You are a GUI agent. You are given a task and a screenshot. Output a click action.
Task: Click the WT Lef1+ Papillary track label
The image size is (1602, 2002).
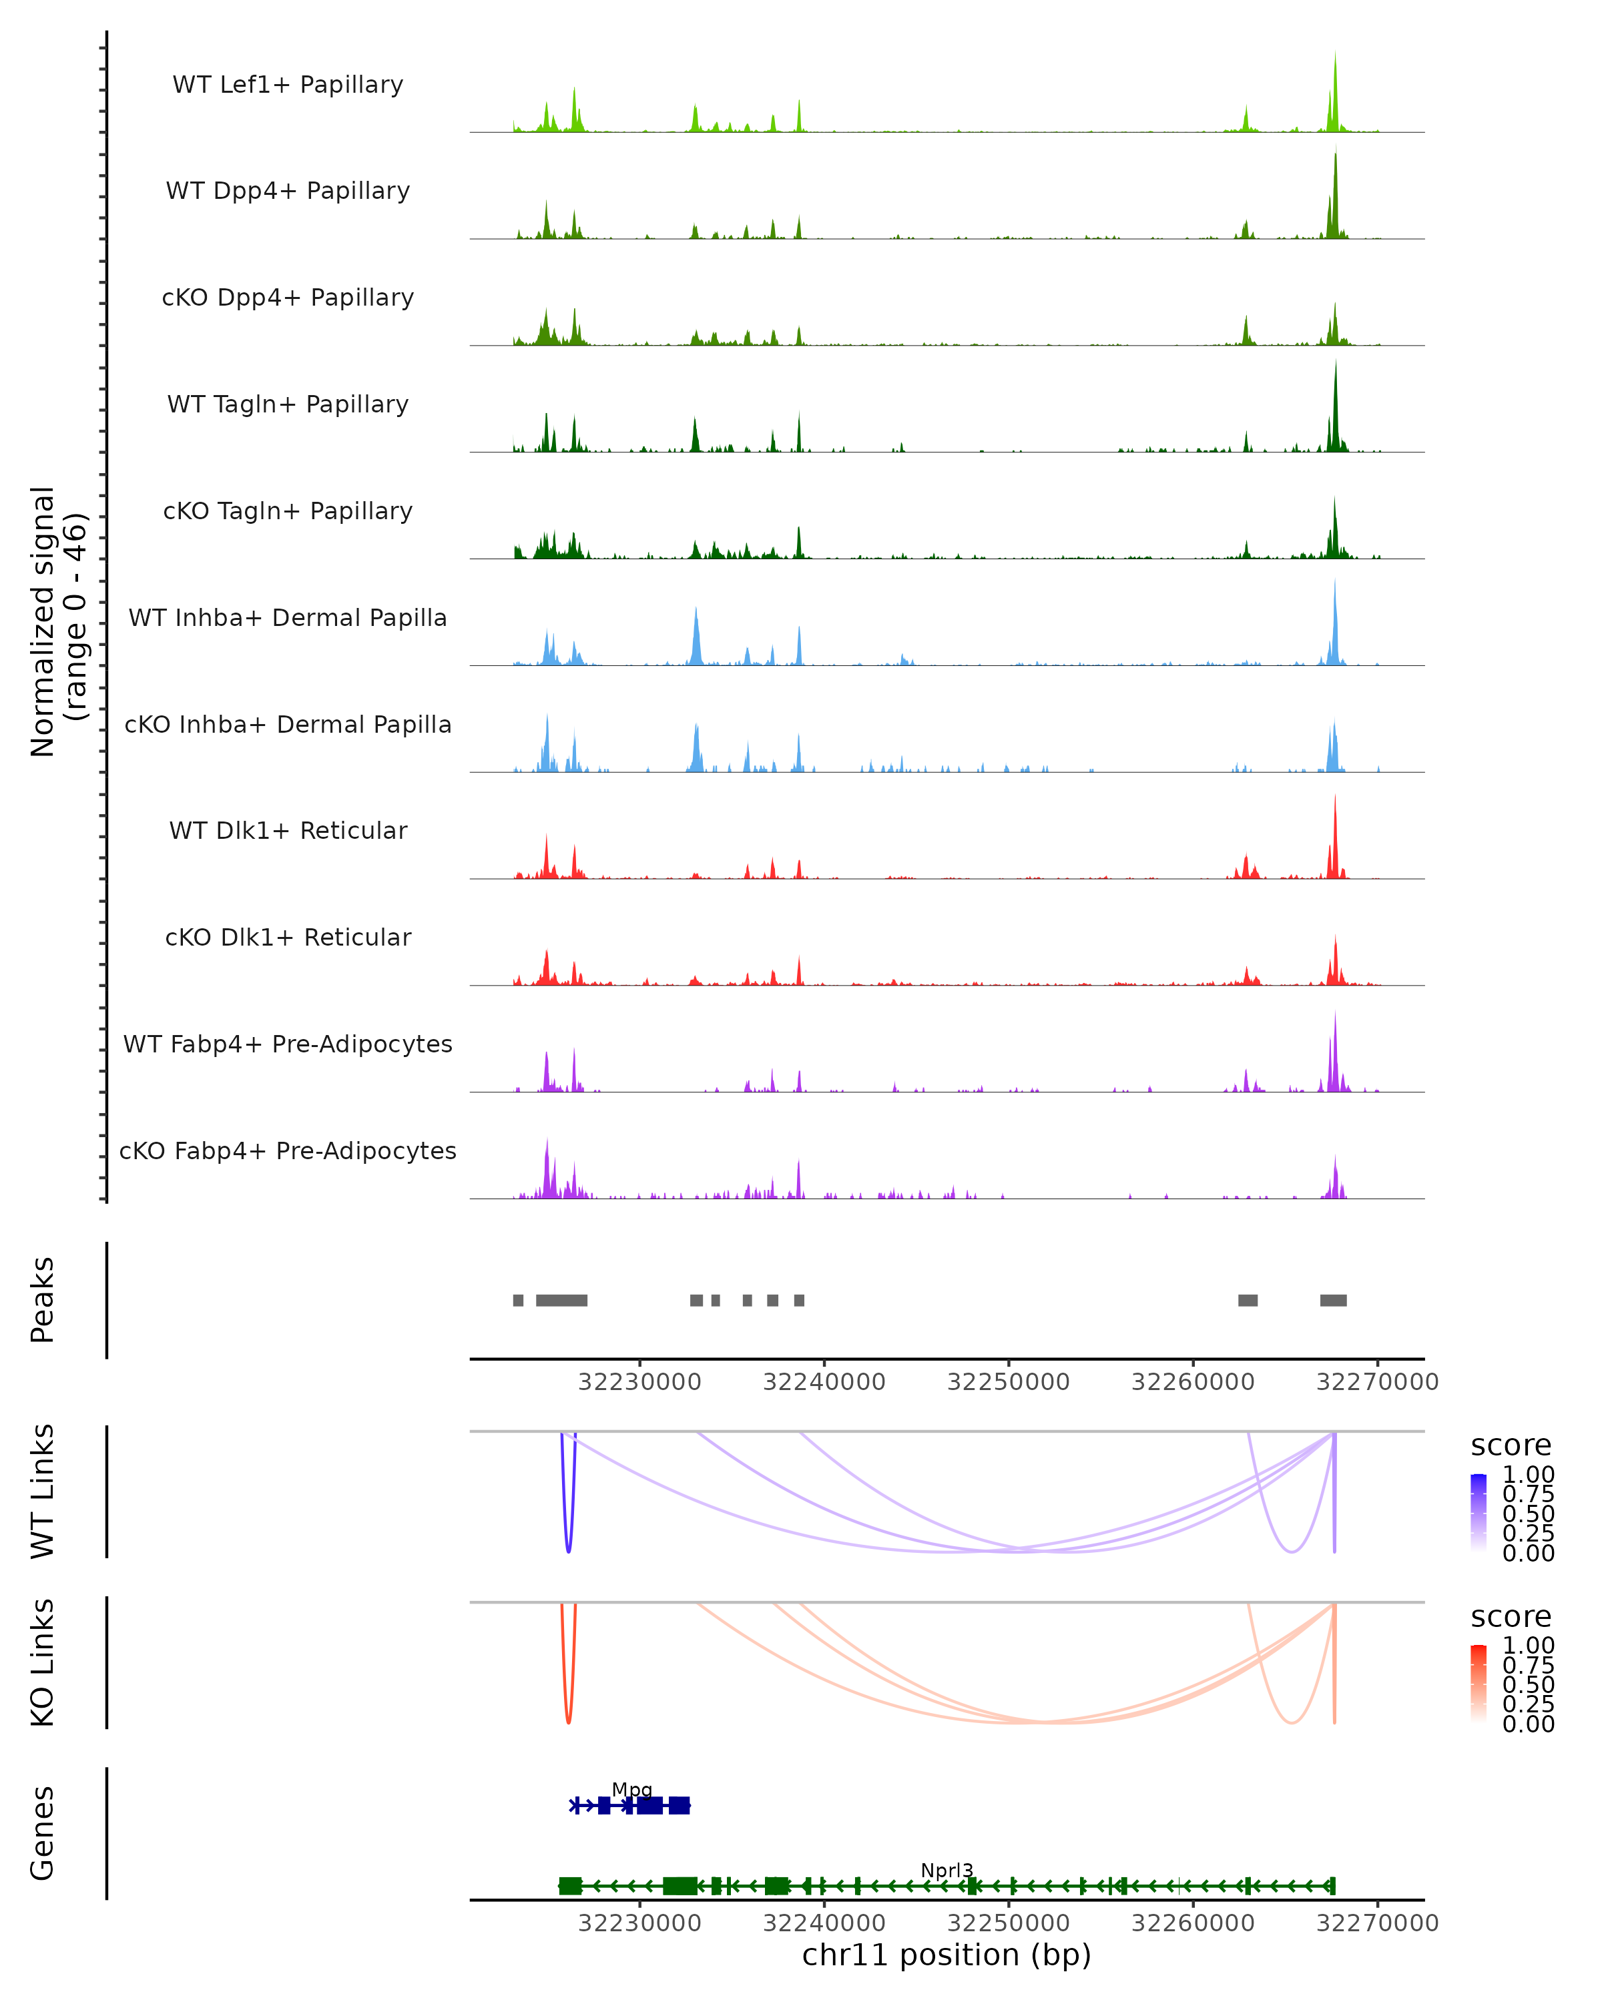[x=288, y=85]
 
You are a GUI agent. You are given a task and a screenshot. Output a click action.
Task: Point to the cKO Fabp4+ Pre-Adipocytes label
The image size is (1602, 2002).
[x=288, y=1150]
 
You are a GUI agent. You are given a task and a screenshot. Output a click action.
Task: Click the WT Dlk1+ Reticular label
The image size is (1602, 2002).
[x=288, y=830]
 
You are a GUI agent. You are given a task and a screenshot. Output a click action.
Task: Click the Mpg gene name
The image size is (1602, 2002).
[x=631, y=1789]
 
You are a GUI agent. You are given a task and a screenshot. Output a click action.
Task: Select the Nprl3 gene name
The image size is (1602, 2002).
[x=947, y=1870]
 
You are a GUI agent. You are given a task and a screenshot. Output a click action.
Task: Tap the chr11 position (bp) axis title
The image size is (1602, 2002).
[x=947, y=1955]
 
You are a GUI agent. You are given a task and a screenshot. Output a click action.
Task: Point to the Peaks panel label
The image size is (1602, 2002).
[x=43, y=1300]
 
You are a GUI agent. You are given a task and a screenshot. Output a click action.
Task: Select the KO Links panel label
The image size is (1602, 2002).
[x=43, y=1662]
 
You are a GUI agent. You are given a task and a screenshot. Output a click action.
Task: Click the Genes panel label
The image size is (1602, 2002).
[x=43, y=1833]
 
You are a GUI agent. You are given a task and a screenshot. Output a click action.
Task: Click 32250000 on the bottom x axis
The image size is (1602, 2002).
[x=1008, y=1922]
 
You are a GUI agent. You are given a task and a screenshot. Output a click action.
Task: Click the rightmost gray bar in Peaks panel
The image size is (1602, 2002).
[x=1333, y=1300]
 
